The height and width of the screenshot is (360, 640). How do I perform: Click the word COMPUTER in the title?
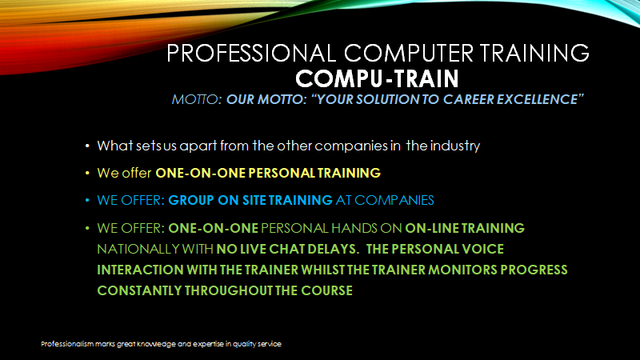click(409, 53)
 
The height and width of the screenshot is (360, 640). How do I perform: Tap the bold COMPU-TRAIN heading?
click(377, 78)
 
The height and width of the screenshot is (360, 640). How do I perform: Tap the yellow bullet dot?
click(87, 173)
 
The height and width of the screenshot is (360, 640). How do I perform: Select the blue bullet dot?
click(87, 201)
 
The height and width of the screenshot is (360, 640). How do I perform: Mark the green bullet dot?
click(87, 228)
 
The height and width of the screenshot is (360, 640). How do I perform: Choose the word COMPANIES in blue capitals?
click(394, 201)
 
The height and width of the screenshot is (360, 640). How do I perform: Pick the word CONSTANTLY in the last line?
click(139, 290)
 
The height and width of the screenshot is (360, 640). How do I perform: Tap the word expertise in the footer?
click(208, 344)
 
